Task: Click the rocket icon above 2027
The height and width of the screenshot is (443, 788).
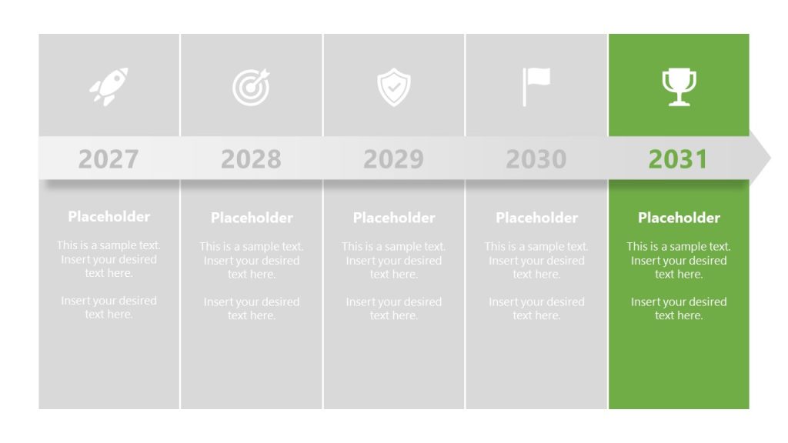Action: (109, 86)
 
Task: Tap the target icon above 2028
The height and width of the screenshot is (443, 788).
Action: (251, 87)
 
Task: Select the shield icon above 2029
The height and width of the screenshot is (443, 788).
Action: (393, 87)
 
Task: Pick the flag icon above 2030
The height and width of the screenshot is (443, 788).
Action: (536, 86)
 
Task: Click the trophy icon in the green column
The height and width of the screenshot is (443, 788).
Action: (679, 87)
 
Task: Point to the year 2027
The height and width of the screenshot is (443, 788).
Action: (109, 159)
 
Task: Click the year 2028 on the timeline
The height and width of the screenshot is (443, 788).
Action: (251, 159)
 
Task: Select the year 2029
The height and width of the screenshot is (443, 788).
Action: (393, 159)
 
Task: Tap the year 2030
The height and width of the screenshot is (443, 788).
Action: (536, 159)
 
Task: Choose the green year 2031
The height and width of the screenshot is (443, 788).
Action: (678, 159)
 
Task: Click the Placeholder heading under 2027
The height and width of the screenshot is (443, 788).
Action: (109, 216)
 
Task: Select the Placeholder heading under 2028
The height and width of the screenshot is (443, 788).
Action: (252, 218)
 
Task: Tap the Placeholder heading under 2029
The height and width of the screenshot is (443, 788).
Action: (394, 218)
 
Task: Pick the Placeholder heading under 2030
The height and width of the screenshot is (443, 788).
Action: (536, 218)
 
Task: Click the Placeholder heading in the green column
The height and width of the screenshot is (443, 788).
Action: (679, 218)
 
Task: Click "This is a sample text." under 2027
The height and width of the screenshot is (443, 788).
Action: (109, 245)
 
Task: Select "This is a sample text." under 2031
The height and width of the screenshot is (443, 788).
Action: (679, 247)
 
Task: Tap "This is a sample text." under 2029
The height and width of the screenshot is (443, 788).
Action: (394, 247)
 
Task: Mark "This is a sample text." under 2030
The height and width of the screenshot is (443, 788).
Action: (536, 247)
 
